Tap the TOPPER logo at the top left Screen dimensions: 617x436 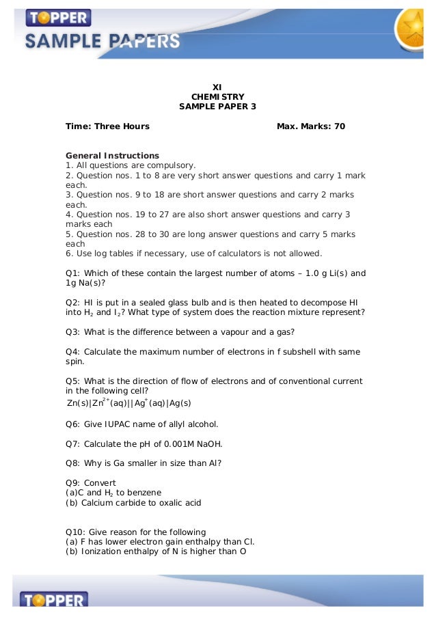click(58, 17)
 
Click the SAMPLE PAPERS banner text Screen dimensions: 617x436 click(103, 42)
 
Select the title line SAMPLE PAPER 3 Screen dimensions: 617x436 click(217, 107)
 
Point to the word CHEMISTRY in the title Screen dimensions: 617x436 click(217, 97)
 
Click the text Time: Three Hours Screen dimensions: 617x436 click(107, 126)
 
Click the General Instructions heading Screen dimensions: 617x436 click(112, 155)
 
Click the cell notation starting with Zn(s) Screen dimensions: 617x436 click(128, 403)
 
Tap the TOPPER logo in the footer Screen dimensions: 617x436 click(55, 601)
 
